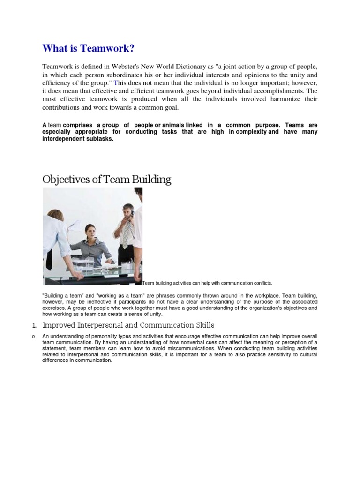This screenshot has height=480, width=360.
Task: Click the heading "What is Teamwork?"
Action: click(x=84, y=48)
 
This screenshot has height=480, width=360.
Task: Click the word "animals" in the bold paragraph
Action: click(x=172, y=125)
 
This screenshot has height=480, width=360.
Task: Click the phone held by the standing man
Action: click(x=132, y=214)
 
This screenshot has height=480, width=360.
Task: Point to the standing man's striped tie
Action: click(x=125, y=234)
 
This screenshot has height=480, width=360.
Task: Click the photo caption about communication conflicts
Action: click(x=207, y=283)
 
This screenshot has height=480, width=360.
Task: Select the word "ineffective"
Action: click(x=101, y=302)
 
